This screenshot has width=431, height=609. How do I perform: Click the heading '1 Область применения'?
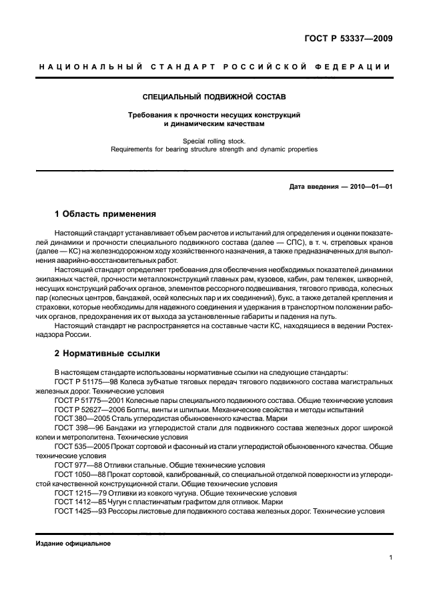(x=105, y=214)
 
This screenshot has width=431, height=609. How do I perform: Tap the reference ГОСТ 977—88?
(x=75, y=465)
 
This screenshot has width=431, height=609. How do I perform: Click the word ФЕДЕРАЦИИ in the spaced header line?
(x=356, y=67)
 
